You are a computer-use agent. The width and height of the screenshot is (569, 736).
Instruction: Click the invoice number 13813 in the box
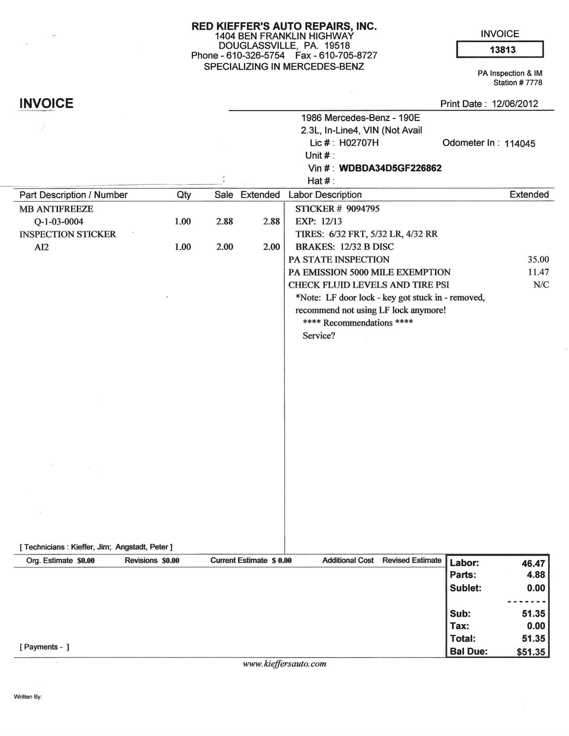pyautogui.click(x=502, y=50)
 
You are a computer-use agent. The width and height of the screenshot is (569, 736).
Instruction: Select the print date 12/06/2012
pyautogui.click(x=515, y=104)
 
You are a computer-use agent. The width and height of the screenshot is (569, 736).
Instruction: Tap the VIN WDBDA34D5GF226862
pyautogui.click(x=390, y=168)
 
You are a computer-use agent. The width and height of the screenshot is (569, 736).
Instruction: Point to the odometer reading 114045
pyautogui.click(x=519, y=144)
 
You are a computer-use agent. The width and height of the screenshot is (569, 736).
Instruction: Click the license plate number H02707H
pyautogui.click(x=359, y=143)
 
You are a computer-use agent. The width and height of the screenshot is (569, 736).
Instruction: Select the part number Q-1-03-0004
pyautogui.click(x=58, y=222)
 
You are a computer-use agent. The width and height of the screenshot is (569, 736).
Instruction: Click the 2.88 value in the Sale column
pyautogui.click(x=224, y=222)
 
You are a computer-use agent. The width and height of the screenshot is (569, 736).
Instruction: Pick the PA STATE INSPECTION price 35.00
pyautogui.click(x=538, y=260)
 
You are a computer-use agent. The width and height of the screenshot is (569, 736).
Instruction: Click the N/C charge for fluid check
pyautogui.click(x=541, y=285)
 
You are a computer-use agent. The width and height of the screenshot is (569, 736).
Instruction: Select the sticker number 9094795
pyautogui.click(x=363, y=209)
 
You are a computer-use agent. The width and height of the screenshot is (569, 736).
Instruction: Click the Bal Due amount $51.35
pyautogui.click(x=531, y=652)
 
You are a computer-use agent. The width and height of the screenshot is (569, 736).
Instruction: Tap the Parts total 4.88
pyautogui.click(x=536, y=575)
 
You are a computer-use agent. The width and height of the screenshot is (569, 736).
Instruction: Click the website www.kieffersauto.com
pyautogui.click(x=284, y=664)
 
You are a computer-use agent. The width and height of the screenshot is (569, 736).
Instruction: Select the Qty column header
pyautogui.click(x=183, y=195)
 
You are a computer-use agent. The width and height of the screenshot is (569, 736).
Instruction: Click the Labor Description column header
pyautogui.click(x=325, y=195)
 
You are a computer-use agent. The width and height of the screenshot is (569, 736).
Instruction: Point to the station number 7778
pyautogui.click(x=534, y=83)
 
